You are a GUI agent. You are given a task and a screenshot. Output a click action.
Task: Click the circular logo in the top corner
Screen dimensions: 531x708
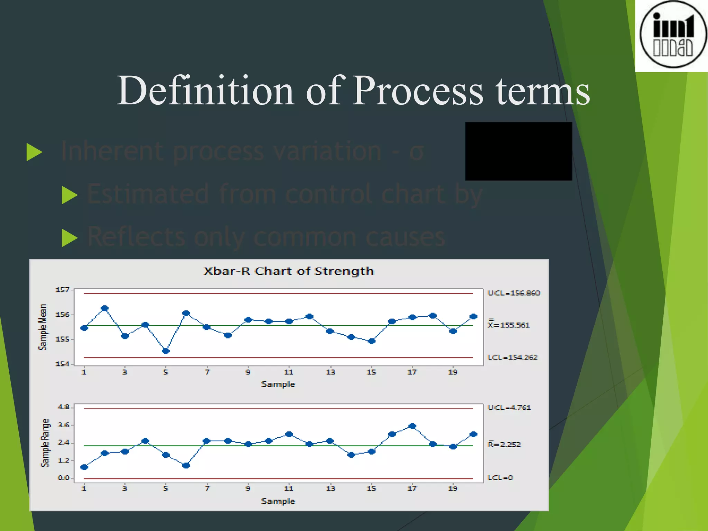(x=672, y=35)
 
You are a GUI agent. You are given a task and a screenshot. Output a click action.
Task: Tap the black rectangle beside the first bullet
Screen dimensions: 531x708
(x=519, y=151)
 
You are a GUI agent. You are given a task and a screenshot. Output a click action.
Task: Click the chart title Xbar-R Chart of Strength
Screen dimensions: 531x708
(x=289, y=271)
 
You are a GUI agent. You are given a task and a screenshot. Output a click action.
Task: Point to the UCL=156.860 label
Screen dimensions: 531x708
(x=513, y=293)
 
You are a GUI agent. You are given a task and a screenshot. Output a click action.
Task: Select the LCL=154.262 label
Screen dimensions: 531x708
(x=512, y=357)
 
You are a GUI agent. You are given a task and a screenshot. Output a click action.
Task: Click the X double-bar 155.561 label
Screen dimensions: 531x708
(x=509, y=325)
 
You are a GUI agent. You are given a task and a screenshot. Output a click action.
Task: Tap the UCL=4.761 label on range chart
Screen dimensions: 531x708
(x=509, y=408)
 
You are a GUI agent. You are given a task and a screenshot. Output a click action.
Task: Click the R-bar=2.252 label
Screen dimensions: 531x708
(x=504, y=444)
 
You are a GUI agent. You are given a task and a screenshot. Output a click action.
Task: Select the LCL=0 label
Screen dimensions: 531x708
(x=500, y=478)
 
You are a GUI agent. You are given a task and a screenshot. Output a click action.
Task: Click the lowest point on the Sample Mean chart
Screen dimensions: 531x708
(x=166, y=351)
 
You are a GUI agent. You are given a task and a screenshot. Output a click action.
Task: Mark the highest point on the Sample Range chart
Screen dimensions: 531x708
(x=412, y=426)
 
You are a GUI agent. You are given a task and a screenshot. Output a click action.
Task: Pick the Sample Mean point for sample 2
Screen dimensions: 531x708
(x=105, y=308)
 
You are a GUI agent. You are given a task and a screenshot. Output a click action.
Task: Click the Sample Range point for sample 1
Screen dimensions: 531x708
(x=84, y=467)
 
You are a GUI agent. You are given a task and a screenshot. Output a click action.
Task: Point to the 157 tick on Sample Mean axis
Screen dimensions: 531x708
(x=63, y=290)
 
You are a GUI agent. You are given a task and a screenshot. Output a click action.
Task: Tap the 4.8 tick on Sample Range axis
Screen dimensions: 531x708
(x=64, y=407)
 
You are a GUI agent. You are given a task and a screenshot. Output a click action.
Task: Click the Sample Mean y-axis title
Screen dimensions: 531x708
(x=43, y=327)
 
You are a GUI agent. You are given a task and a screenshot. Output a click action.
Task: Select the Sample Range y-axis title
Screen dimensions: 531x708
(x=45, y=443)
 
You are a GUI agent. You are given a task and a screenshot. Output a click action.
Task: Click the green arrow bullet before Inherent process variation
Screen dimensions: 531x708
(x=34, y=152)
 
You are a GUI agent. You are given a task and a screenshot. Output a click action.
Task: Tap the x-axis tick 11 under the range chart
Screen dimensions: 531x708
(x=289, y=488)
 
